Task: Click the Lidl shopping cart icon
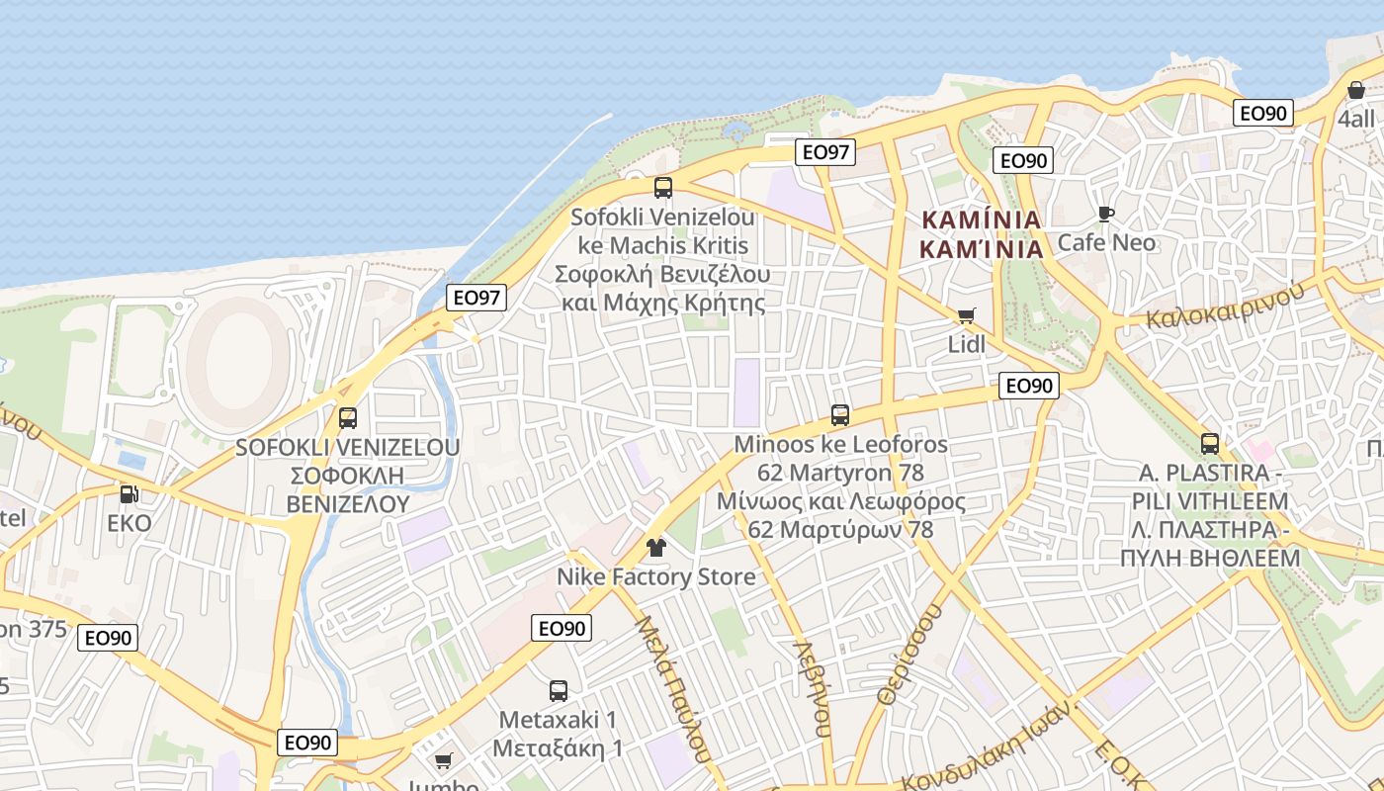pos(966,316)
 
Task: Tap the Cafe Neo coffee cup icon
pos(1105,214)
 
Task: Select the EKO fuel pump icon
pos(129,493)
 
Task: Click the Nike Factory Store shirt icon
pos(655,547)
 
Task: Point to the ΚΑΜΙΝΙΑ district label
pos(982,233)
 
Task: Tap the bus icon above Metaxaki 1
pos(559,691)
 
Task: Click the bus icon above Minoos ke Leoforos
pos(840,415)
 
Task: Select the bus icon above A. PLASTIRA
pos(1209,444)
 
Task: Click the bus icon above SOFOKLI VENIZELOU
pos(347,418)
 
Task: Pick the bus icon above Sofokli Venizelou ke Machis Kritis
pos(663,188)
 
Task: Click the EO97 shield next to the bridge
pos(477,298)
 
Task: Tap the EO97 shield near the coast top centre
pos(825,152)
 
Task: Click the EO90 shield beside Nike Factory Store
pos(562,628)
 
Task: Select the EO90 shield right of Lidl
pos(1029,386)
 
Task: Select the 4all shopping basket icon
pos(1355,90)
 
